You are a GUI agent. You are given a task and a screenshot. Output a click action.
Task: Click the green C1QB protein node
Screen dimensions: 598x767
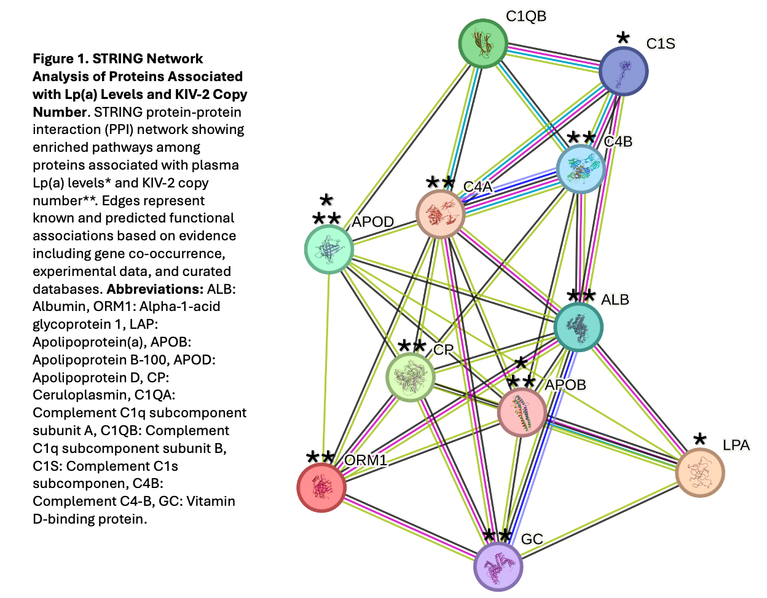pos(483,44)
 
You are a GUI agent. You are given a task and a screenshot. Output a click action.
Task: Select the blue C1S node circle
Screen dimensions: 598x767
pos(623,71)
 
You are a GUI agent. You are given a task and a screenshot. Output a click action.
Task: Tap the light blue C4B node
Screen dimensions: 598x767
pos(581,169)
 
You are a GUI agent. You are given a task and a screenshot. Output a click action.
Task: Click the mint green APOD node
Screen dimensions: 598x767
pos(329,248)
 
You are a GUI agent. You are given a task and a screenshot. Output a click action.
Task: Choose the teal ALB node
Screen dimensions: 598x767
pos(578,327)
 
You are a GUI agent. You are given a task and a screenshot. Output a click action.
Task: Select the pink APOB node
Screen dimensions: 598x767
pos(522,411)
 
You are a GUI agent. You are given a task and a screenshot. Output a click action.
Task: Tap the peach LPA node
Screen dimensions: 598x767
pos(699,473)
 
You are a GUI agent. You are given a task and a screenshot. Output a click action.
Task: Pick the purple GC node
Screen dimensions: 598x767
pos(498,566)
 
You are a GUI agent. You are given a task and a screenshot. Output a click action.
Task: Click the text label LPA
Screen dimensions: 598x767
pos(736,445)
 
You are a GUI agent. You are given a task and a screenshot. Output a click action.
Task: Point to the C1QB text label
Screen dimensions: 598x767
pos(526,16)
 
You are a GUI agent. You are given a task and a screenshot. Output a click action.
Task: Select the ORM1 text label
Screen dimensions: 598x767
pos(366,460)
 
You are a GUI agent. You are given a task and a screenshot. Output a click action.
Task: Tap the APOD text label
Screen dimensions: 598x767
pos(372,222)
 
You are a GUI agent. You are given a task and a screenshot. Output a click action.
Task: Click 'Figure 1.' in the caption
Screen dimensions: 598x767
pos(60,59)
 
